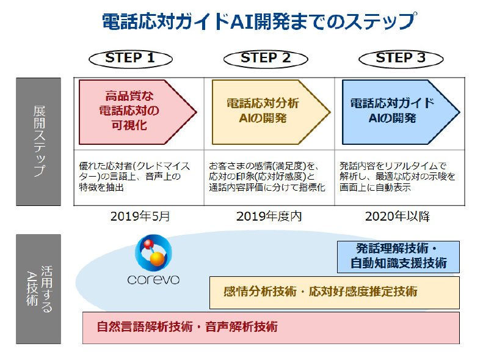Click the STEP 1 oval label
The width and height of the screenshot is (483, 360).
pyautogui.click(x=131, y=59)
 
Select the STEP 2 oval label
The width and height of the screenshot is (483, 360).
pyautogui.click(x=266, y=59)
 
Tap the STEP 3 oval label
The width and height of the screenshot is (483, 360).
pyautogui.click(x=401, y=59)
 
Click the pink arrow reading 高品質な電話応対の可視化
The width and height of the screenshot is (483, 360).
pyautogui.click(x=137, y=112)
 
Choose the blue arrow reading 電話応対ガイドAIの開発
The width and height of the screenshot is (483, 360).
pyautogui.click(x=401, y=112)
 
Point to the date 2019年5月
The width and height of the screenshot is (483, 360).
pyautogui.click(x=140, y=216)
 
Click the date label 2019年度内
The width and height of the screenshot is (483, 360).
pyautogui.click(x=269, y=216)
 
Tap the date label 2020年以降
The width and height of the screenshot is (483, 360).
pyautogui.click(x=398, y=216)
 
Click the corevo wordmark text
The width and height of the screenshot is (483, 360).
pyautogui.click(x=153, y=279)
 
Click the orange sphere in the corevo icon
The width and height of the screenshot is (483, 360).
pyautogui.click(x=158, y=259)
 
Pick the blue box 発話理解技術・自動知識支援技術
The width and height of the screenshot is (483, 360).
pyautogui.click(x=398, y=257)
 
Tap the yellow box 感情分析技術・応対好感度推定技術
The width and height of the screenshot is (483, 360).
pyautogui.click(x=335, y=293)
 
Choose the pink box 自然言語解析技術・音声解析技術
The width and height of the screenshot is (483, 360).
pyautogui.click(x=271, y=328)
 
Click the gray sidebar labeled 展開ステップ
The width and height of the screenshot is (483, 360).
pyautogui.click(x=38, y=142)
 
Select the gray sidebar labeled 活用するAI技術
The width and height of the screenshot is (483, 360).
pyautogui.click(x=38, y=289)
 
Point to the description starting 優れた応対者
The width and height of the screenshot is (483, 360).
pyautogui.click(x=134, y=177)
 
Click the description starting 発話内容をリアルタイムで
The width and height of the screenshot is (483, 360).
pyautogui.click(x=398, y=177)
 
